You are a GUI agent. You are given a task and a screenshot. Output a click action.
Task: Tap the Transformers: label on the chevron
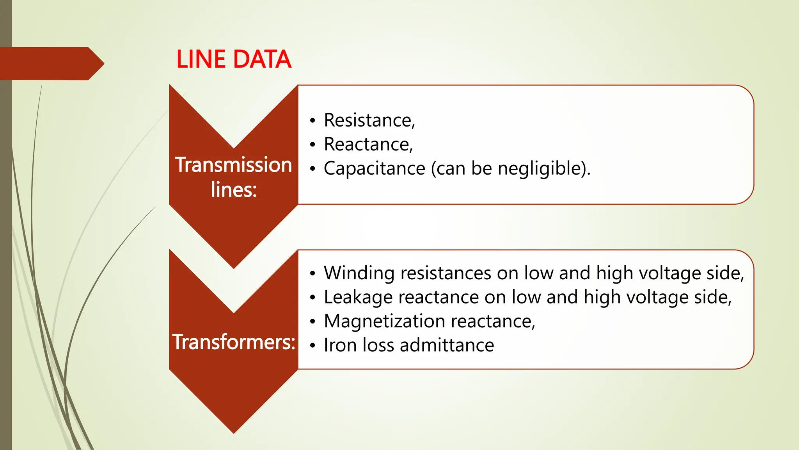pos(234,342)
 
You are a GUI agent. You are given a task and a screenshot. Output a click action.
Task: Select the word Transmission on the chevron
pos(234,164)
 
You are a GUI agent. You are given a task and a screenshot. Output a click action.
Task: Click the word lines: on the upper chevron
pos(234,190)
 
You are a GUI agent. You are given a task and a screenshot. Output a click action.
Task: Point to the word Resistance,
pos(369,120)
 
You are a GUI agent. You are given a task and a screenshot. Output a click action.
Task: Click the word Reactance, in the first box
pos(368,145)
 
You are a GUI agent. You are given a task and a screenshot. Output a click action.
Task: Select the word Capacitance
pos(374,169)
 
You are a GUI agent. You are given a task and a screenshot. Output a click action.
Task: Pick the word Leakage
pos(359,297)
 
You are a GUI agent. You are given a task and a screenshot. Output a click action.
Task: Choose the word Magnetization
pos(384,321)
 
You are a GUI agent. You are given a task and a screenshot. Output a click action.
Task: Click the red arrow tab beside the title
pos(51,63)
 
